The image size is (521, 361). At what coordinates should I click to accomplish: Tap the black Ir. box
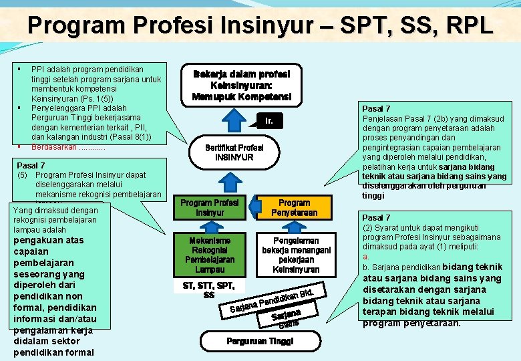coord(269,121)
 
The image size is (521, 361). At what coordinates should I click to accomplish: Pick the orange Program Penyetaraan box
coord(294,207)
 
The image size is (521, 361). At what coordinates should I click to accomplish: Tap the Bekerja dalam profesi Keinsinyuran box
coord(241,84)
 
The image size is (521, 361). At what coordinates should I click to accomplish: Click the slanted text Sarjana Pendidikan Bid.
coord(271,300)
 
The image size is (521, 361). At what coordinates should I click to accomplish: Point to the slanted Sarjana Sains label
coord(288,318)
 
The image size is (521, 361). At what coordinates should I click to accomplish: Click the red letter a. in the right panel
coord(365,257)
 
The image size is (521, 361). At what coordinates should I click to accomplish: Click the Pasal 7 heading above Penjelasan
coord(375,108)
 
